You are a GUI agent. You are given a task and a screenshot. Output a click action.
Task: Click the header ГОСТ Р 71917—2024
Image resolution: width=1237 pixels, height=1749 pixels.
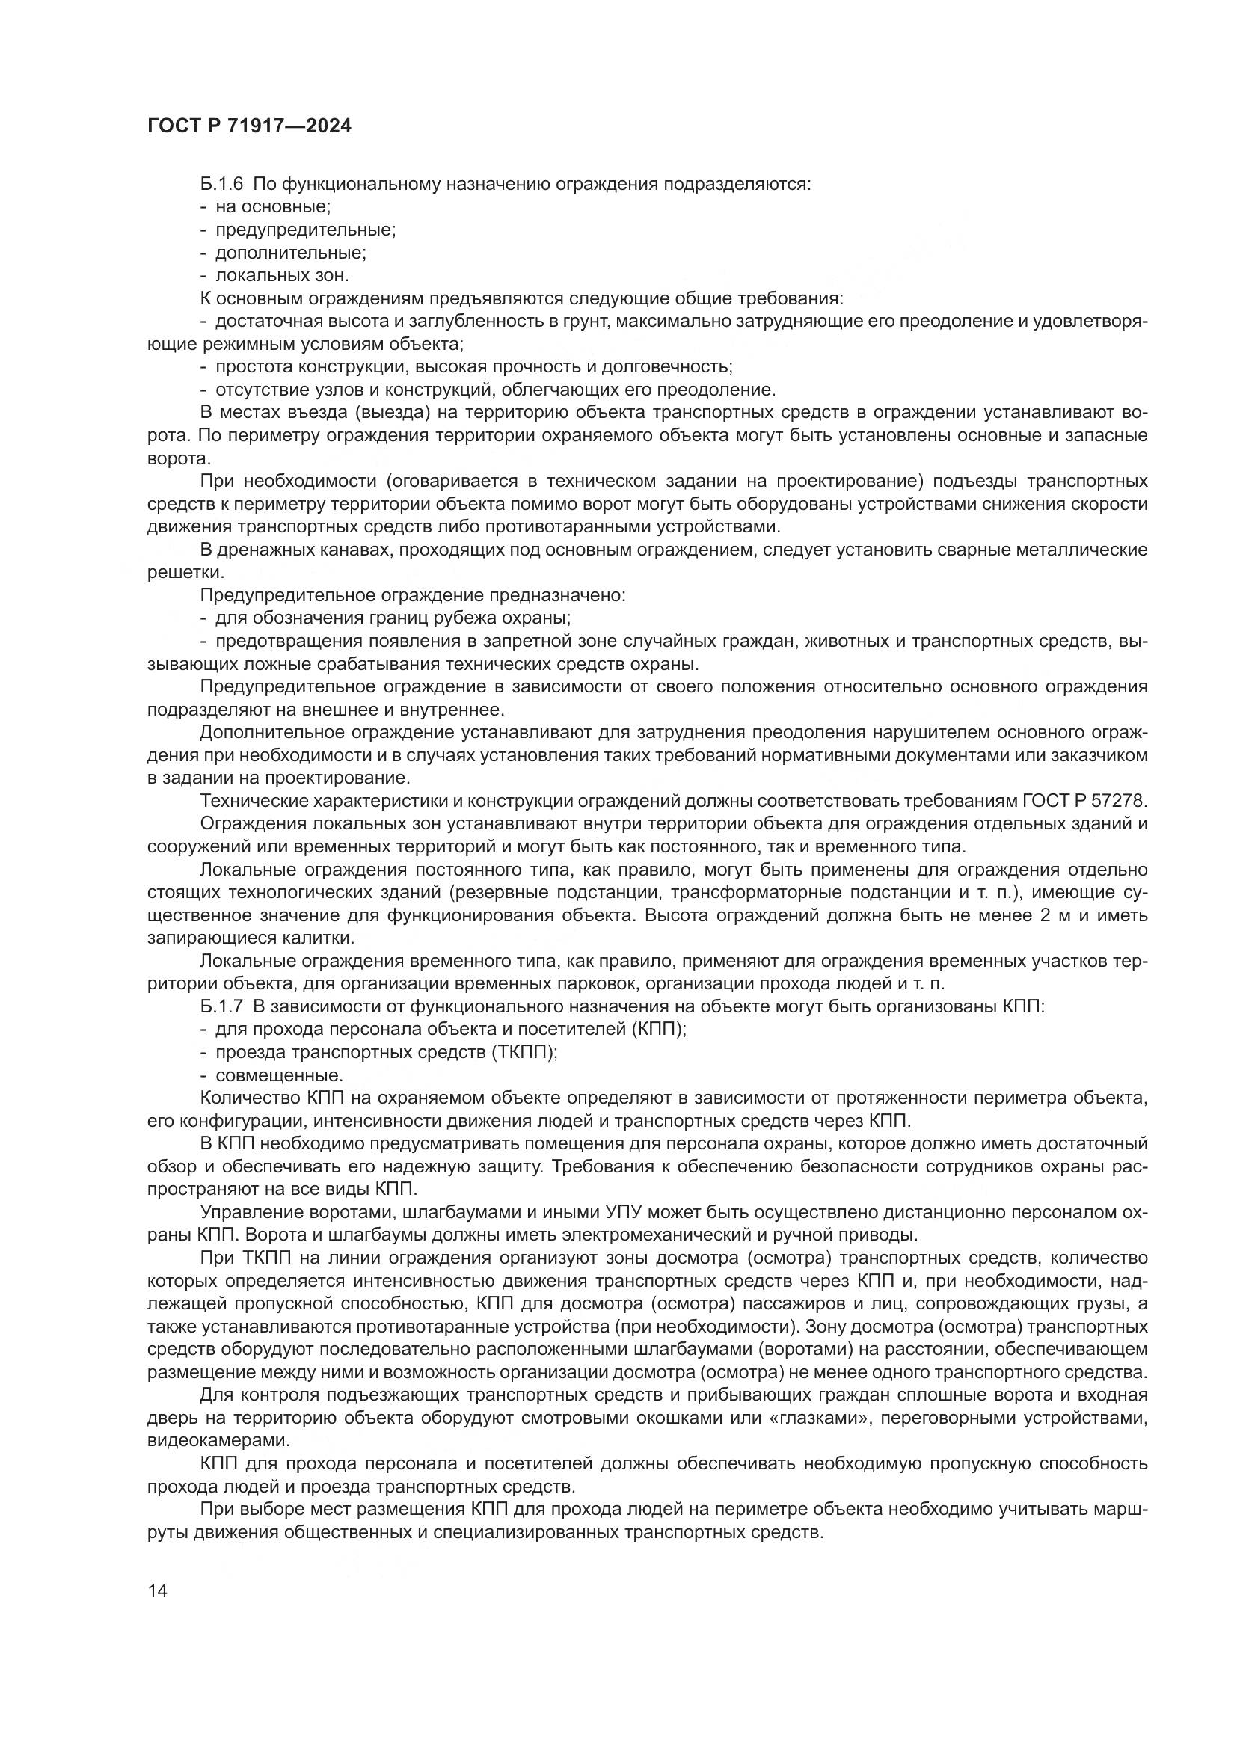click(x=249, y=126)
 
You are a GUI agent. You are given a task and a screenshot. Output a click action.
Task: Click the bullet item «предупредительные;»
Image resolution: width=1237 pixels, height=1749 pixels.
click(x=305, y=230)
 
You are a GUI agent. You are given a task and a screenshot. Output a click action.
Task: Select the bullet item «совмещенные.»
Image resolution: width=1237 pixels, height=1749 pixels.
click(x=280, y=1075)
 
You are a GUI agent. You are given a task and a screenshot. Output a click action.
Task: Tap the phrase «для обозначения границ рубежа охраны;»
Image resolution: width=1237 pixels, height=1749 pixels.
click(x=394, y=618)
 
